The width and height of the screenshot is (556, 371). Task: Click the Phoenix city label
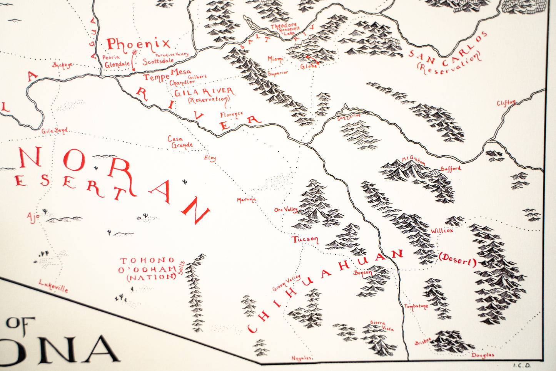pyautogui.click(x=138, y=45)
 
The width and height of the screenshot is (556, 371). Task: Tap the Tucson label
pyautogui.click(x=305, y=239)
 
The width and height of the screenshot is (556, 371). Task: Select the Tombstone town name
pyautogui.click(x=416, y=307)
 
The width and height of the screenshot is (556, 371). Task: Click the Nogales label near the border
pyautogui.click(x=301, y=358)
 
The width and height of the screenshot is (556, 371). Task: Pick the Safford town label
pyautogui.click(x=451, y=168)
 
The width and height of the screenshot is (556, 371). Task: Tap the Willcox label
pyautogui.click(x=442, y=231)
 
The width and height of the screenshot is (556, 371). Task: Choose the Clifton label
pyautogui.click(x=506, y=103)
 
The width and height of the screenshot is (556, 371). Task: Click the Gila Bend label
pyautogui.click(x=54, y=131)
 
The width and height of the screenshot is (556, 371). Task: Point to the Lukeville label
pyautogui.click(x=53, y=286)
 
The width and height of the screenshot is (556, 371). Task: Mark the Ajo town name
pyautogui.click(x=33, y=217)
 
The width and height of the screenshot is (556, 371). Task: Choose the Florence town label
pyautogui.click(x=231, y=114)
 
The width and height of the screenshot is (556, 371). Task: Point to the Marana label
pyautogui.click(x=246, y=200)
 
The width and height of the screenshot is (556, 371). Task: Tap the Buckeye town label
pyautogui.click(x=62, y=65)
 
